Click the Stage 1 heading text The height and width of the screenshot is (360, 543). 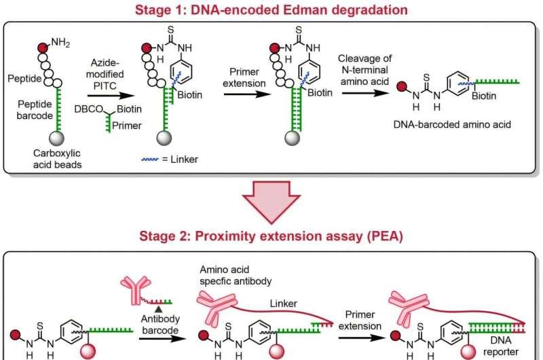pyautogui.click(x=271, y=10)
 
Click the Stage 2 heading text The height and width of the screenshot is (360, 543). pyautogui.click(x=271, y=236)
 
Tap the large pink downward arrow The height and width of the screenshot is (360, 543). pyautogui.click(x=271, y=202)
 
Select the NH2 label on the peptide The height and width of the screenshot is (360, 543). pyautogui.click(x=60, y=43)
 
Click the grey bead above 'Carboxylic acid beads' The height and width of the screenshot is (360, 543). pyautogui.click(x=56, y=138)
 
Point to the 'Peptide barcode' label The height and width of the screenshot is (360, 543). pyautogui.click(x=35, y=109)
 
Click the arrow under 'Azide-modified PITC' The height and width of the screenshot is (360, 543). pyautogui.click(x=111, y=95)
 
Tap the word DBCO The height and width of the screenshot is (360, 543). pyautogui.click(x=89, y=109)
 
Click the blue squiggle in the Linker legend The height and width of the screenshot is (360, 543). pyautogui.click(x=150, y=160)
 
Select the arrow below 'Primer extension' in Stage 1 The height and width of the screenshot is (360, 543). pyautogui.click(x=247, y=94)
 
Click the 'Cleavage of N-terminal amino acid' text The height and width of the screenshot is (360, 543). pyautogui.click(x=364, y=70)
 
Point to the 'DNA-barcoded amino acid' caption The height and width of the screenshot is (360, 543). pyautogui.click(x=452, y=124)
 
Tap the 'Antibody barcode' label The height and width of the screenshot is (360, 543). pyautogui.click(x=160, y=324)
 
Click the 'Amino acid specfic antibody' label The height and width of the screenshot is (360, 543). pyautogui.click(x=236, y=275)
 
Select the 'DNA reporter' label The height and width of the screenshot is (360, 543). pyautogui.click(x=501, y=346)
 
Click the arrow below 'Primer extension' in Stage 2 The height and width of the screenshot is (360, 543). pyautogui.click(x=362, y=337)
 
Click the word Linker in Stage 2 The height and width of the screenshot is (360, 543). pyautogui.click(x=283, y=304)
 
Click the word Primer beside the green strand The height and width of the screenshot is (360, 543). pyautogui.click(x=127, y=126)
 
